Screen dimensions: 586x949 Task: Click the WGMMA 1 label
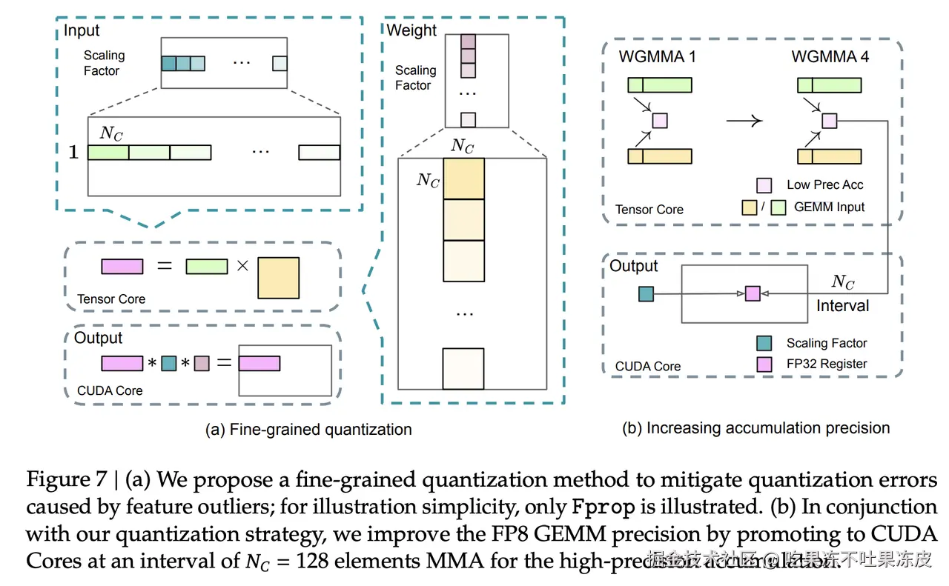[657, 56]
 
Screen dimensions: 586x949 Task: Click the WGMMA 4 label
[830, 56]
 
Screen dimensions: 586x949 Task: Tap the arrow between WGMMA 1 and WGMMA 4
[744, 120]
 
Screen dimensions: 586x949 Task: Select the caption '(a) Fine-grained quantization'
[308, 429]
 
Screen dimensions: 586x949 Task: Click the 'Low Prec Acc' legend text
[825, 184]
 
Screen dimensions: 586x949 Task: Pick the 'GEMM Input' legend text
[829, 207]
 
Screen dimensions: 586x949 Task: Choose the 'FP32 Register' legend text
[827, 364]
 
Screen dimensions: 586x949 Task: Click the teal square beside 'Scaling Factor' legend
[764, 343]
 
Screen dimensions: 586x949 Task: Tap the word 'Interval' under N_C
[842, 305]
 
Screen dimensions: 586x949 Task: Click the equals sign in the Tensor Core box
[165, 265]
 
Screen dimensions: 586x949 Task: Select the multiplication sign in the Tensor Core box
[242, 265]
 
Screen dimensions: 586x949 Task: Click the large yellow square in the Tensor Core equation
[278, 278]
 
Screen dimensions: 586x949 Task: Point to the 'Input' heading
[82, 30]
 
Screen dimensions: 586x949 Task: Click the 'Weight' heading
[411, 30]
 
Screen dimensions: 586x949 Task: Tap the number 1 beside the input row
[73, 153]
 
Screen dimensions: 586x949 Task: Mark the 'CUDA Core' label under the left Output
[110, 390]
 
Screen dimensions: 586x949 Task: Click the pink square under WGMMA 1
[659, 120]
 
